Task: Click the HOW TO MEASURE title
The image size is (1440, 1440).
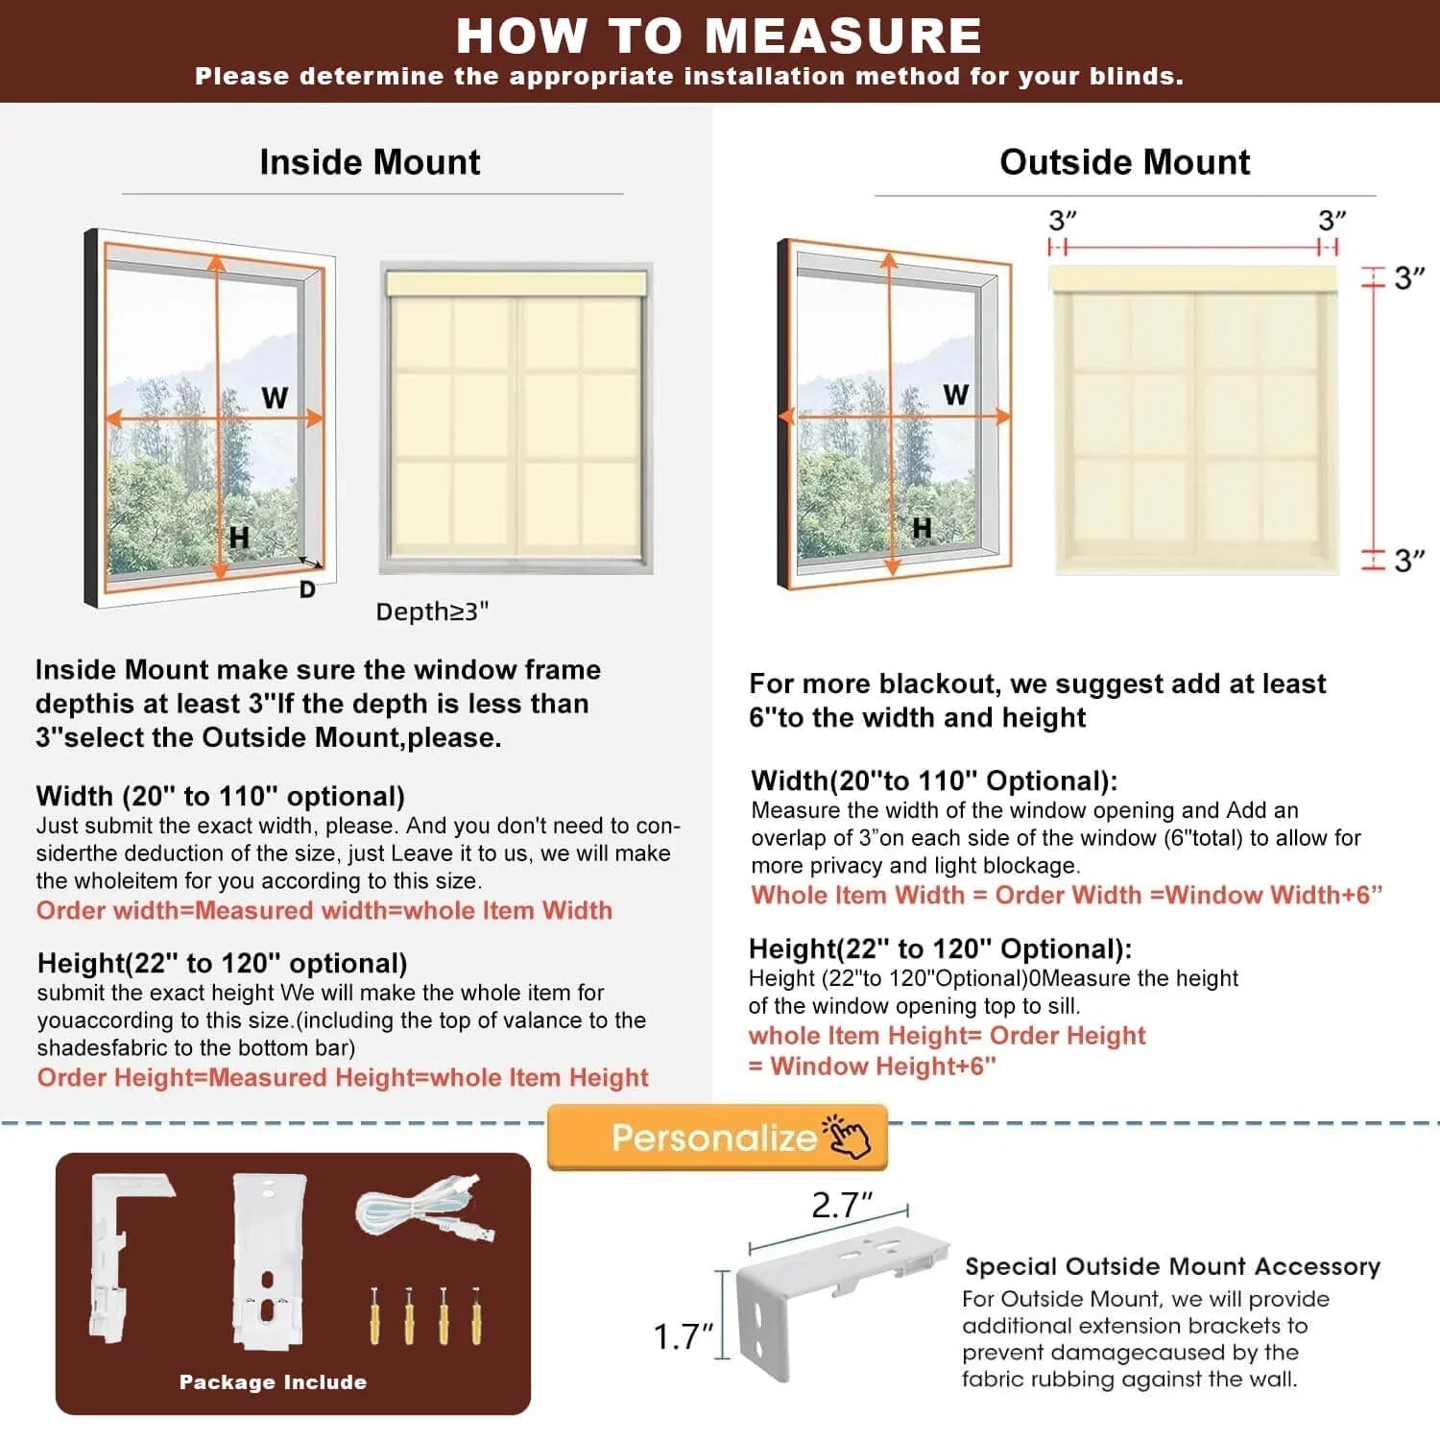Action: click(x=718, y=36)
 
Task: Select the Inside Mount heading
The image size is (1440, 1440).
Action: click(x=370, y=162)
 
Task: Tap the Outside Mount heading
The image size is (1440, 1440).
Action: click(x=1124, y=162)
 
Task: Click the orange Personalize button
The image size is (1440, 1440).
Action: click(x=717, y=1138)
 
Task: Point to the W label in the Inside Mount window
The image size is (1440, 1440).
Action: click(x=275, y=397)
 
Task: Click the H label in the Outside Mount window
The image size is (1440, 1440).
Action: click(x=922, y=527)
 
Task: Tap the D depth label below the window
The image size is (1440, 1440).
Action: click(x=307, y=589)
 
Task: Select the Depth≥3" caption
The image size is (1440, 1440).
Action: click(x=432, y=612)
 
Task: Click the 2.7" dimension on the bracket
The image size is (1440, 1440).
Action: click(x=841, y=1206)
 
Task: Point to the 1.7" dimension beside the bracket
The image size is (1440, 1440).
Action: click(x=683, y=1336)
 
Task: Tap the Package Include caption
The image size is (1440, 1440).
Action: click(x=273, y=1382)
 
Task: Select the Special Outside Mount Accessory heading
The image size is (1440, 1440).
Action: click(x=1172, y=1266)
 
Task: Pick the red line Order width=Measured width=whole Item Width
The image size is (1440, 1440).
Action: click(x=324, y=910)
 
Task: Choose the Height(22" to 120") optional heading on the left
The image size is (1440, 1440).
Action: click(x=222, y=963)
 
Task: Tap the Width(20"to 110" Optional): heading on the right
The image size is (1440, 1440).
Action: click(x=934, y=780)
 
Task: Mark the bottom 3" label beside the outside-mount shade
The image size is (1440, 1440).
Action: click(x=1408, y=561)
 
